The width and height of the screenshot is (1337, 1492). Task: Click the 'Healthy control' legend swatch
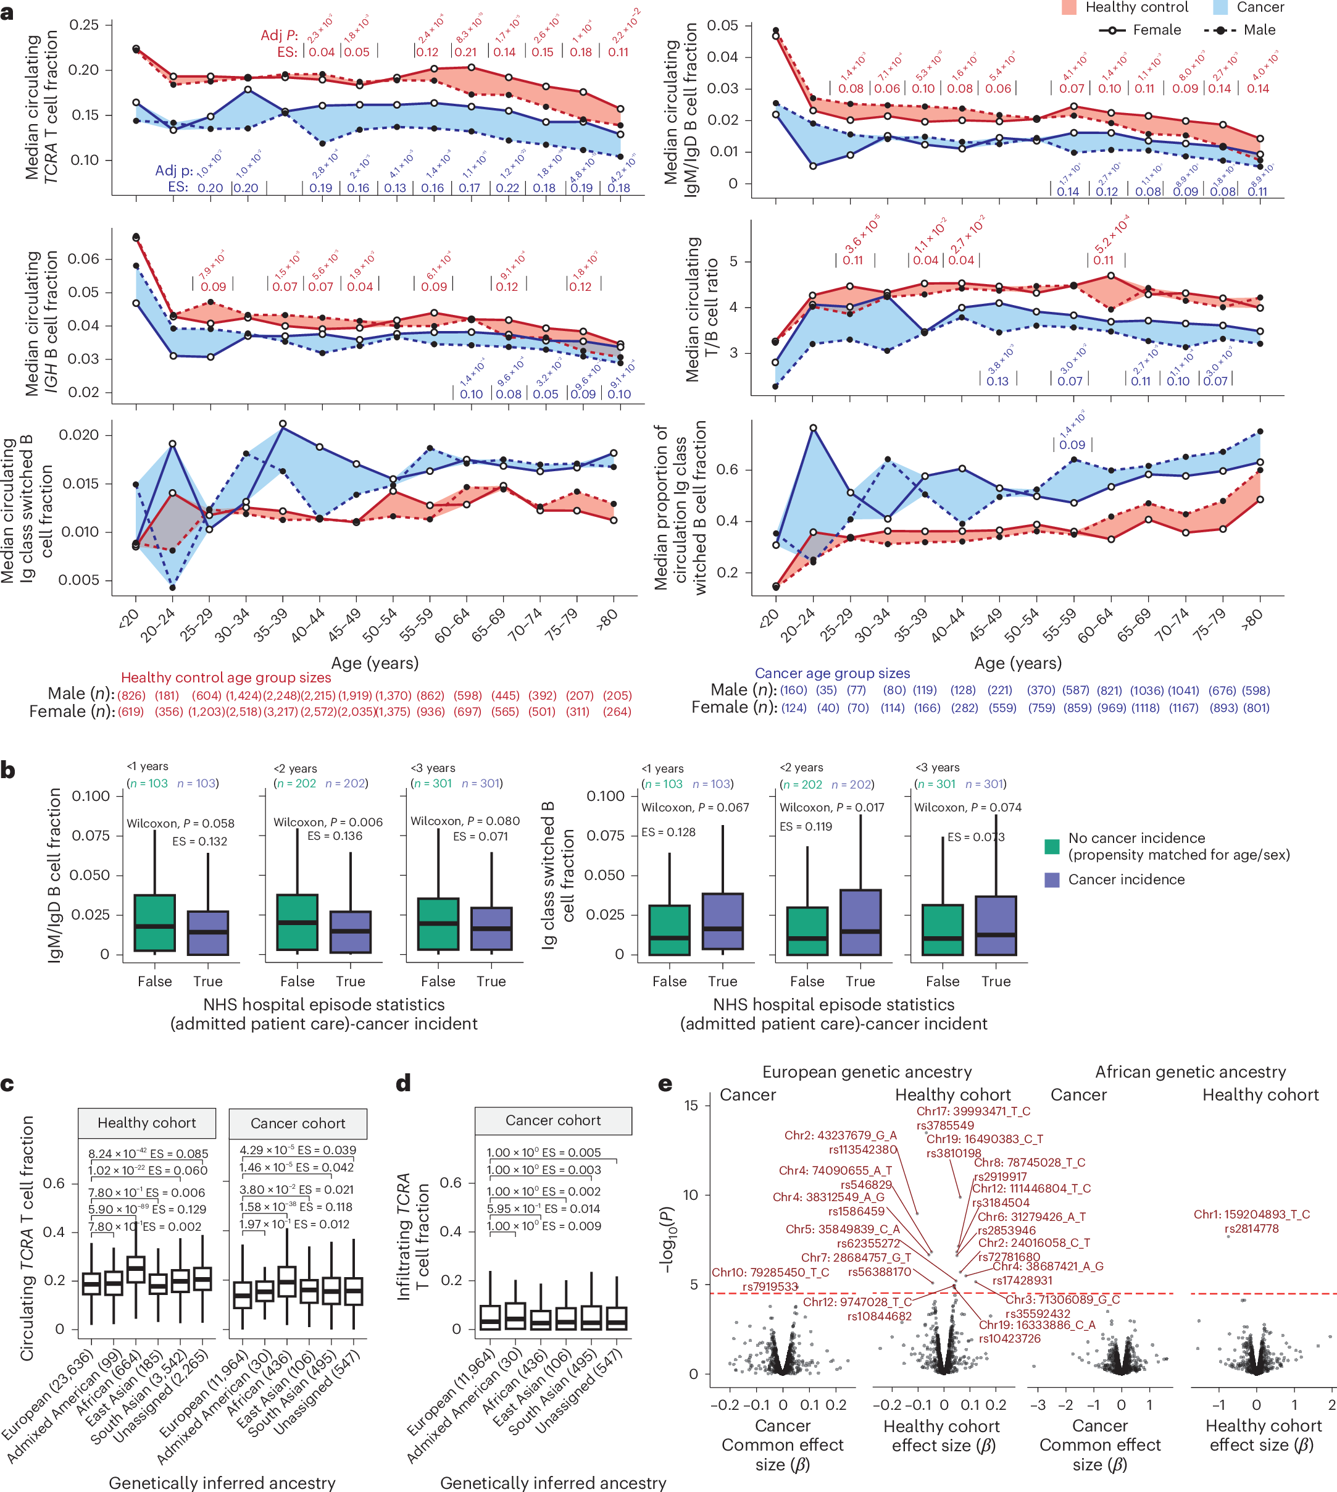click(1069, 7)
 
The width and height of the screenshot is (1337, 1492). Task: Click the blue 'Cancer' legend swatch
click(1220, 7)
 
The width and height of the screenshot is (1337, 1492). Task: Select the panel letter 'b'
click(8, 771)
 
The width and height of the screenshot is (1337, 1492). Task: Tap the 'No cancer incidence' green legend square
click(1052, 846)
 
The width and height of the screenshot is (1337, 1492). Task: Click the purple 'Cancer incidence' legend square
click(1052, 880)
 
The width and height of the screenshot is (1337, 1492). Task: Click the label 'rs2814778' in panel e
click(1251, 1229)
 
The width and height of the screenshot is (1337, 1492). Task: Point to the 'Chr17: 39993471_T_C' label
click(973, 1112)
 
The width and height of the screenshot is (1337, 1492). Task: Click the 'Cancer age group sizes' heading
click(831, 673)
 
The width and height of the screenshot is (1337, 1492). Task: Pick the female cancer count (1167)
click(1183, 708)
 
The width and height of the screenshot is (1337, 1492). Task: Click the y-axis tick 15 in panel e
click(691, 1105)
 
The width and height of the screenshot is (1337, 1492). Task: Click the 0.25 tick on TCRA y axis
click(83, 25)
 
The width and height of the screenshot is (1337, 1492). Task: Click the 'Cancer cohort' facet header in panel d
click(552, 1121)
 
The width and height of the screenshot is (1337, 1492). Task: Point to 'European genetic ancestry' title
click(866, 1071)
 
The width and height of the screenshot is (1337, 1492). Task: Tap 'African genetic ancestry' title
click(1190, 1071)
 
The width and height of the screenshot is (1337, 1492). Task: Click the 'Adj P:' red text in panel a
click(279, 35)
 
